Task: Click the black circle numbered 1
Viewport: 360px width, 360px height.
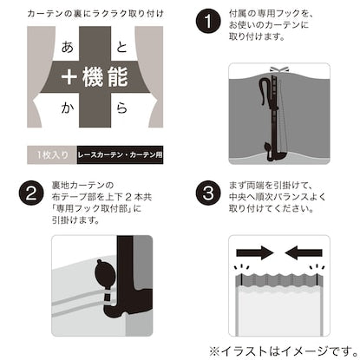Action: pos(208,21)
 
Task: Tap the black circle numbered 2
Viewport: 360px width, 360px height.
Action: pos(31,193)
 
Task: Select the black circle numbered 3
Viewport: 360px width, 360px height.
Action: pos(208,193)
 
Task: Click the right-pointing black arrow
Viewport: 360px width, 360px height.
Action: pos(255,253)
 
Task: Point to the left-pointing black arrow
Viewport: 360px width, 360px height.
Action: pos(304,253)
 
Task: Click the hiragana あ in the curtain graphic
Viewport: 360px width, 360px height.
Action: pos(68,47)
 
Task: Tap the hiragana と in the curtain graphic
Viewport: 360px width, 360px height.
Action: pos(121,47)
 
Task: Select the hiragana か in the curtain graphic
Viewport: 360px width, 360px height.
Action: pos(68,108)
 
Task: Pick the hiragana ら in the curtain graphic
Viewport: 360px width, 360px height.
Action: pos(121,108)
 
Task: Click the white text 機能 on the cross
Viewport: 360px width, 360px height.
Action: pos(105,77)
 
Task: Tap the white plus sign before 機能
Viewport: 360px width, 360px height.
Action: pos(69,77)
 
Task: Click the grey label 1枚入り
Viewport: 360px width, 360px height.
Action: pos(52,154)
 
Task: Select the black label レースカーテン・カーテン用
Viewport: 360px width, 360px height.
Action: pos(120,154)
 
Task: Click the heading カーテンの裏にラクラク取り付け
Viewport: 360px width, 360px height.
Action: pos(95,14)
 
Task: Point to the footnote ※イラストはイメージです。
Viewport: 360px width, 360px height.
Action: pos(284,351)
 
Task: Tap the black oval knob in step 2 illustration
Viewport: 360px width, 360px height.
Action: pos(102,272)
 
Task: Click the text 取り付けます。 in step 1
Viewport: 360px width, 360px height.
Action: pos(257,36)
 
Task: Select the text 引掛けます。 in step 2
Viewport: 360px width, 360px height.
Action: pos(75,220)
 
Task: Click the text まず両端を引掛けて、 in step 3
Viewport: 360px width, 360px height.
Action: pos(270,185)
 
